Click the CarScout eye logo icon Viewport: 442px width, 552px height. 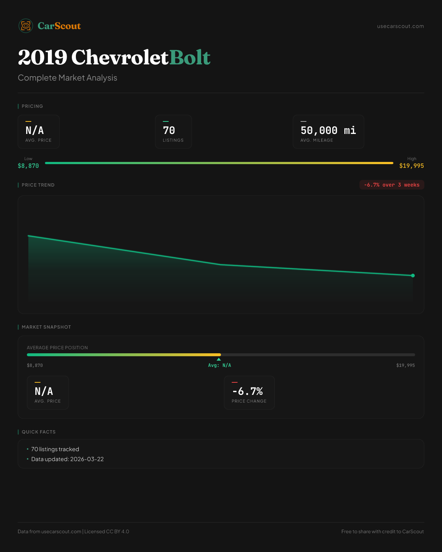pyautogui.click(x=26, y=26)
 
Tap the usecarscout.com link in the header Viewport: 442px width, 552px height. pyautogui.click(x=400, y=26)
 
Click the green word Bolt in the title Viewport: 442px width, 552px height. pyautogui.click(x=190, y=57)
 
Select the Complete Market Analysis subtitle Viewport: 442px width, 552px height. pyautogui.click(x=67, y=78)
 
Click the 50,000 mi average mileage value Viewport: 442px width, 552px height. pyautogui.click(x=328, y=131)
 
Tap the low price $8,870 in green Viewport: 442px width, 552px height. pyautogui.click(x=28, y=166)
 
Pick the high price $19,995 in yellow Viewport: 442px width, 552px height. pyautogui.click(x=411, y=166)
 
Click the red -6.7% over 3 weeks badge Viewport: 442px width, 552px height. pyautogui.click(x=392, y=185)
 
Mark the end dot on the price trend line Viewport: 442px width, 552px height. pyautogui.click(x=413, y=276)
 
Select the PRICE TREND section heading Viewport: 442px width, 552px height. pyautogui.click(x=38, y=185)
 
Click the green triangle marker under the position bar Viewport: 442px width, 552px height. pyautogui.click(x=219, y=359)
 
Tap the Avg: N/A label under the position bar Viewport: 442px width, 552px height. pyautogui.click(x=220, y=365)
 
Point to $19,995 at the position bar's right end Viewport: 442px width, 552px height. pyautogui.click(x=405, y=365)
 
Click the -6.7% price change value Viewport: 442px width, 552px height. pyautogui.click(x=248, y=391)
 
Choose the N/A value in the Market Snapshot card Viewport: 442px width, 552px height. pyautogui.click(x=44, y=391)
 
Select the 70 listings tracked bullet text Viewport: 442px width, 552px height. pyautogui.click(x=55, y=449)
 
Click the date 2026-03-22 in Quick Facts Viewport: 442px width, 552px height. pyautogui.click(x=87, y=459)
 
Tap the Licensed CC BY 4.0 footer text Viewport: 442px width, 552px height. pyautogui.click(x=107, y=532)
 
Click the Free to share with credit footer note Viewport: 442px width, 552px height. pyautogui.click(x=382, y=532)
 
